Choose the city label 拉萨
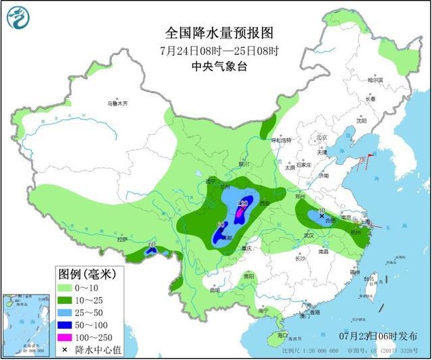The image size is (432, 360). point(122,239)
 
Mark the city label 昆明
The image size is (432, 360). point(215,290)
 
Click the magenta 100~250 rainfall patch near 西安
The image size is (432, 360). point(240,213)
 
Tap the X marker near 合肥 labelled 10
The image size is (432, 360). point(321,216)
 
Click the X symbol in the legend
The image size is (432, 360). point(65,350)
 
